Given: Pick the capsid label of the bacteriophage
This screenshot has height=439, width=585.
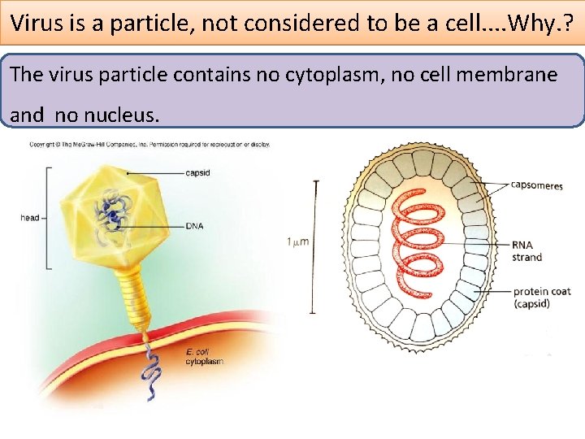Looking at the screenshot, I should click(x=200, y=172).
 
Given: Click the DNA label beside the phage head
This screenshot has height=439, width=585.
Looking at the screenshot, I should click(x=194, y=225).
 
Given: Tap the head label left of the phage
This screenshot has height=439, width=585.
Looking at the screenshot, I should click(x=29, y=218).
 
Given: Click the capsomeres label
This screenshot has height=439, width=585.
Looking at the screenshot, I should click(x=536, y=185).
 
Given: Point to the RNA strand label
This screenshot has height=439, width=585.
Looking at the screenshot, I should click(x=527, y=250).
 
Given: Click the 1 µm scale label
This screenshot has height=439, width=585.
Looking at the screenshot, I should click(x=298, y=241).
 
